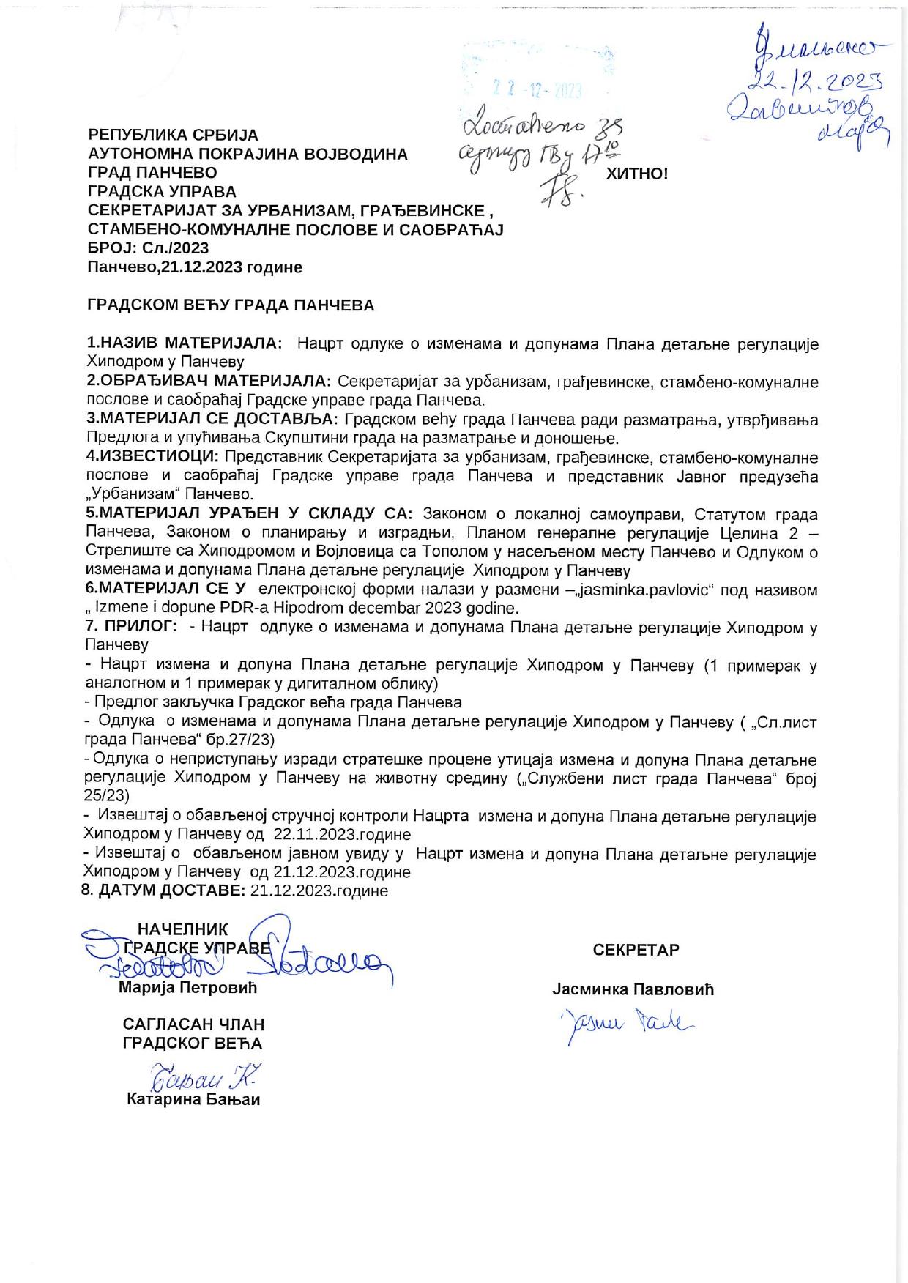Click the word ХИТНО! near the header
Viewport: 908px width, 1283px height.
(637, 174)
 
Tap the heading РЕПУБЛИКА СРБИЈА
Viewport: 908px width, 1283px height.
(173, 135)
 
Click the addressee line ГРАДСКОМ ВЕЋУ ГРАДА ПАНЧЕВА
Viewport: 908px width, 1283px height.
(231, 305)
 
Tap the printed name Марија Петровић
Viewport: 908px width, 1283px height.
(188, 988)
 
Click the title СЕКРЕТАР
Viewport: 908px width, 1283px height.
(636, 950)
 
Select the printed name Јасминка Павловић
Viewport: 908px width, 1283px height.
(633, 989)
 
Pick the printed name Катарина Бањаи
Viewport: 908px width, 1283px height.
(193, 1099)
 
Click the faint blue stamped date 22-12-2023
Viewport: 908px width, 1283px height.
(537, 90)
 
